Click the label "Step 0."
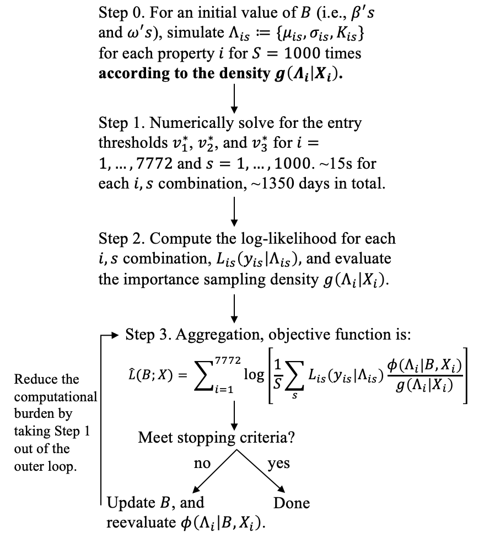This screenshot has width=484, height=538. pos(120,12)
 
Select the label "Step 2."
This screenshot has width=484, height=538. pos(120,239)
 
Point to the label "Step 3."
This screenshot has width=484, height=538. pos(147,334)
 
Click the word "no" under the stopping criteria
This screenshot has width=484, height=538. pos(202,464)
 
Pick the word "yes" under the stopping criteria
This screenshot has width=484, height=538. pos(278,464)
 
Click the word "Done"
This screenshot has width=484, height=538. pos(292,503)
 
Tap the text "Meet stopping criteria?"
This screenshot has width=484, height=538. pos(216,438)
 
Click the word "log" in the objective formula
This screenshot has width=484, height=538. pos(254,374)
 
